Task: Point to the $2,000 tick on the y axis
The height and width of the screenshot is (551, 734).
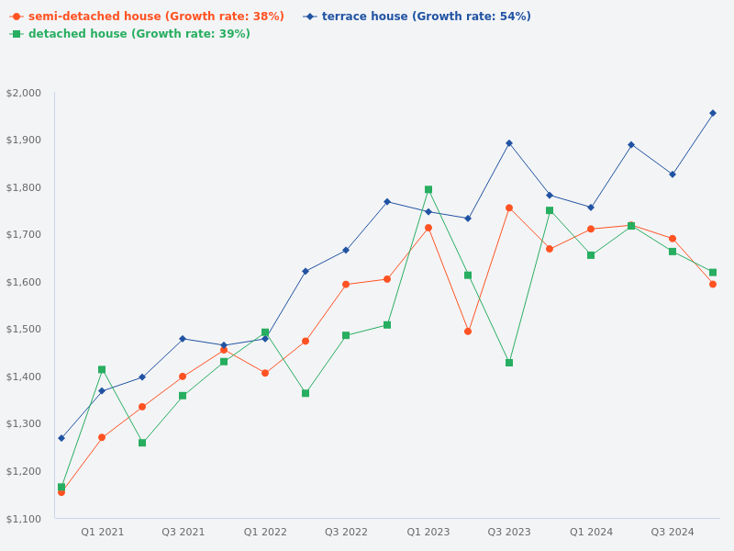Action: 24,93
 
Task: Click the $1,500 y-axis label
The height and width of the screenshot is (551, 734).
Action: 24,329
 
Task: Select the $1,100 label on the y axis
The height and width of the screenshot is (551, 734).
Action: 24,519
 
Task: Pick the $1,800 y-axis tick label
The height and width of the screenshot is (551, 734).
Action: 24,187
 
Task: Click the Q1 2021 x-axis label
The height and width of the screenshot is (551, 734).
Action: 102,532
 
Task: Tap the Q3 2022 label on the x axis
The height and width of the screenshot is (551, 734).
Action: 346,532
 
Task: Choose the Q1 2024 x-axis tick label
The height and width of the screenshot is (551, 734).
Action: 591,532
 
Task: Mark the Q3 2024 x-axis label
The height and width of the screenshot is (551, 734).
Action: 673,532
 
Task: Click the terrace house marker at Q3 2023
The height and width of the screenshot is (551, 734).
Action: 509,143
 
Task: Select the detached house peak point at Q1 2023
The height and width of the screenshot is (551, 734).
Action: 428,190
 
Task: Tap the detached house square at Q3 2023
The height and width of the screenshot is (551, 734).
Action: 509,363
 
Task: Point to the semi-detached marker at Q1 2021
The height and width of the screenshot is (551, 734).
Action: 102,437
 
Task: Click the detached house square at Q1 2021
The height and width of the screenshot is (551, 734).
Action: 102,369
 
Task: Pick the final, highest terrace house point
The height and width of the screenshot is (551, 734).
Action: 713,113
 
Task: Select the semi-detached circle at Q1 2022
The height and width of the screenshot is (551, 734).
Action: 265,373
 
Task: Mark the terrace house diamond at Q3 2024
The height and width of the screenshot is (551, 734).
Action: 673,174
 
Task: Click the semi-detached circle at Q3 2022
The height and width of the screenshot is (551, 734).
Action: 346,284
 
